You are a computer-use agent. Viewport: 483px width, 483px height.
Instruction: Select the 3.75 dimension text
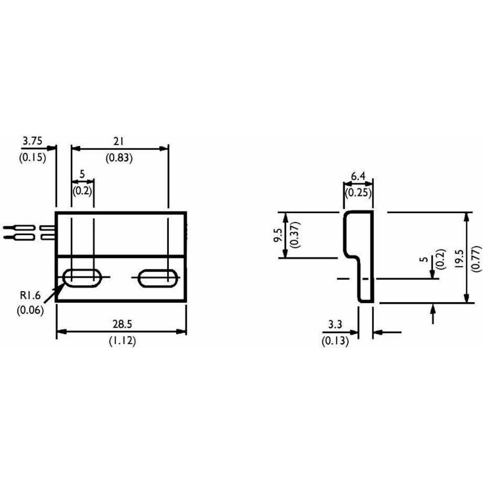(33, 141)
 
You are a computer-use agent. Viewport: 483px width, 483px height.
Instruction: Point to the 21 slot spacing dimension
(119, 141)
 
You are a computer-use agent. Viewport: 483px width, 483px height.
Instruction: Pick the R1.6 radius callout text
(31, 295)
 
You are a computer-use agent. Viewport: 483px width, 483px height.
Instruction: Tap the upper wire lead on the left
(20, 228)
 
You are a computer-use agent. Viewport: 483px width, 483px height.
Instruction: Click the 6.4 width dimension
(359, 176)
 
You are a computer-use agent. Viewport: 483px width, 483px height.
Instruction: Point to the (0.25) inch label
(359, 192)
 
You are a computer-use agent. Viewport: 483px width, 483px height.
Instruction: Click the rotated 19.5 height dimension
(459, 259)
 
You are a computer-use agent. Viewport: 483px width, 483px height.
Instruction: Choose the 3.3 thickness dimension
(335, 325)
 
